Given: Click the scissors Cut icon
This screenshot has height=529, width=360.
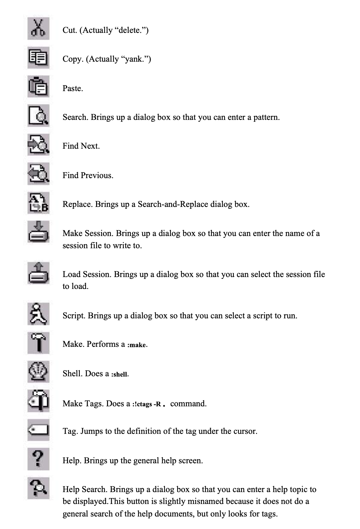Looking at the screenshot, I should coord(38,29).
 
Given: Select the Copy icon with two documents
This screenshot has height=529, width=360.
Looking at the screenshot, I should coord(38,58).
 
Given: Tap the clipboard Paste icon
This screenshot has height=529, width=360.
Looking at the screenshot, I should coord(38,87).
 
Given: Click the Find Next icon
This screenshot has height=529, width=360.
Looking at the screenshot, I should coord(38,145).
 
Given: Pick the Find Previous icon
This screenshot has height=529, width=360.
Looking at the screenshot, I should coord(38,174).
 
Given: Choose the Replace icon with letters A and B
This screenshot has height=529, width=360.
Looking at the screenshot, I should coord(38,203).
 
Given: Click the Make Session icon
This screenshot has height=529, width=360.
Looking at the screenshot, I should coord(38,232).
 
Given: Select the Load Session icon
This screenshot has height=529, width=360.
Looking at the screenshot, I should coord(38,273).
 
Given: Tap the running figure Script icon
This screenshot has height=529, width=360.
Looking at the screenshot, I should coord(38,314).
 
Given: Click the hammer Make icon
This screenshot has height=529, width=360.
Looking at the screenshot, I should coord(38,343).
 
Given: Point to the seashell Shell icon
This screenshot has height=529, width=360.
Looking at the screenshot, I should coord(38,372).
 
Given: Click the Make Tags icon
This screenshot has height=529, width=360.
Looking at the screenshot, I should coord(38,401).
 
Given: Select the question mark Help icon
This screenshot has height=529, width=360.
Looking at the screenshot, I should coord(38,459).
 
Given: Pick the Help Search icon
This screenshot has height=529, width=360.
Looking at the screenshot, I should coord(38,488).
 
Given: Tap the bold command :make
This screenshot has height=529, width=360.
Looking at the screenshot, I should coord(137,345).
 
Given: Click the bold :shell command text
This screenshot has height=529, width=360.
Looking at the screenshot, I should coord(120,374).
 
